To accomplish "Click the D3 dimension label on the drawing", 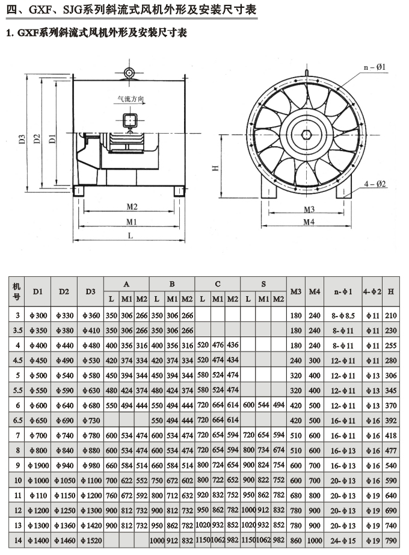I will pyautogui.click(x=22, y=139).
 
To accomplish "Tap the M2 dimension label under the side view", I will pyautogui.click(x=132, y=206).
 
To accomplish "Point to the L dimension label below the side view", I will pyautogui.click(x=131, y=236).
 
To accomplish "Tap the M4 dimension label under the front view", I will pyautogui.click(x=309, y=222).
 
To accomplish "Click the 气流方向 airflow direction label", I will pyautogui.click(x=131, y=99).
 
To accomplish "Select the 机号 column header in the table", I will pyautogui.click(x=17, y=291).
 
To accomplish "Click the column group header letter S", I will pyautogui.click(x=263, y=284).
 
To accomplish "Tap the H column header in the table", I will pyautogui.click(x=391, y=291).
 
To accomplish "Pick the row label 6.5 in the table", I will pyautogui.click(x=17, y=420).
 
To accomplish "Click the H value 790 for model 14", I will pyautogui.click(x=391, y=541).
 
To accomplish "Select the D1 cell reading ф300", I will pyautogui.click(x=37, y=315).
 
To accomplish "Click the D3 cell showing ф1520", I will pyautogui.click(x=90, y=541).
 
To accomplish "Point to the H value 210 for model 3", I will pyautogui.click(x=391, y=315).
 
